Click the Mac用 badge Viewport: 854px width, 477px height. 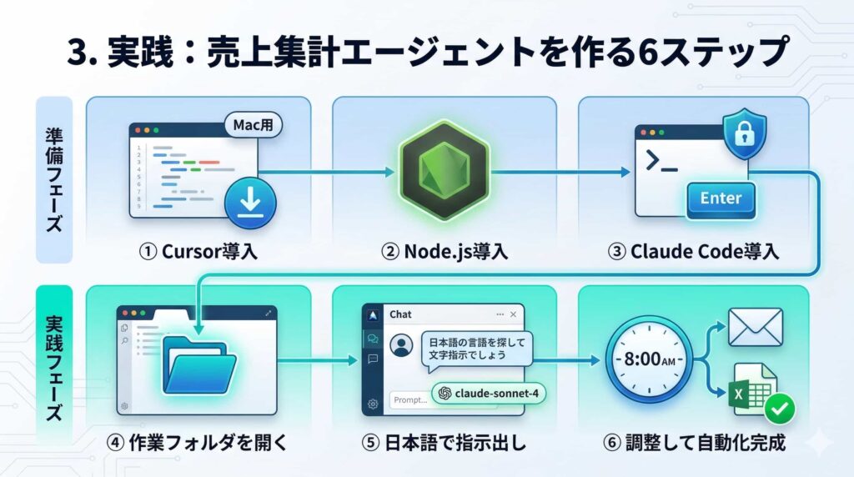pos(253,126)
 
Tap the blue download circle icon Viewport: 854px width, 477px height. pos(249,201)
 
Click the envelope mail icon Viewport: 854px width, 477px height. pos(755,327)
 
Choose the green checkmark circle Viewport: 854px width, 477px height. pos(779,408)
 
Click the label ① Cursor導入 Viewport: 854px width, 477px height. pos(198,251)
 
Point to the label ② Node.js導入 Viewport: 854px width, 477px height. pos(444,251)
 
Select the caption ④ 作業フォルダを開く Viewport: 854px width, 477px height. pos(198,442)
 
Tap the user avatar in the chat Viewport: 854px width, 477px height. pos(402,344)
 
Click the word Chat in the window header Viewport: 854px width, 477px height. pos(400,314)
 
